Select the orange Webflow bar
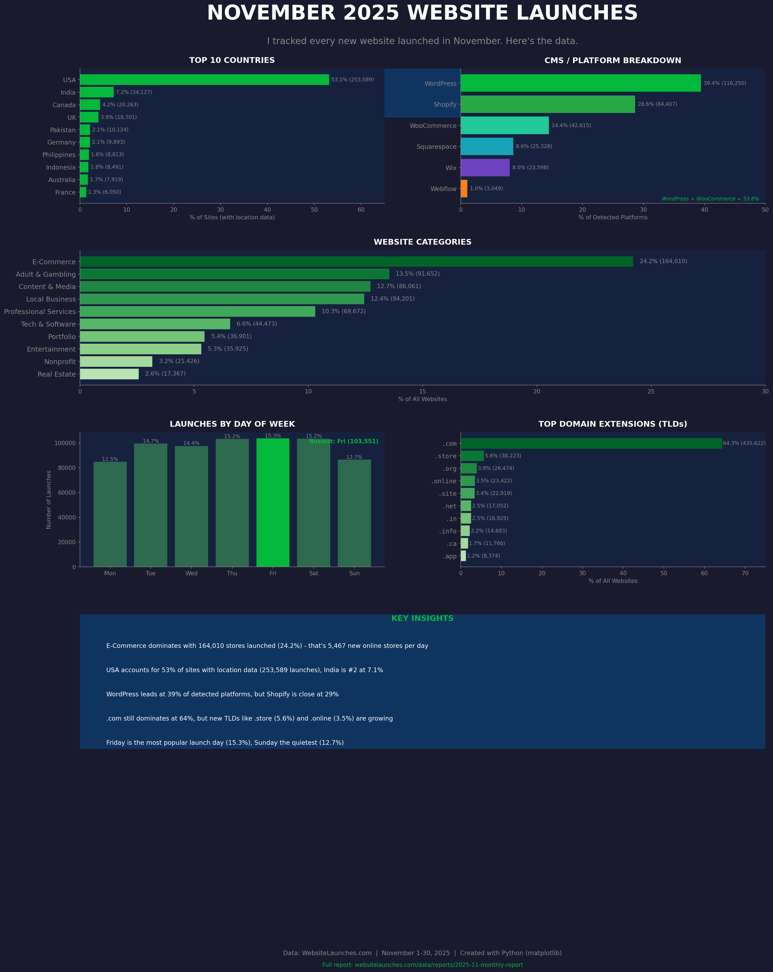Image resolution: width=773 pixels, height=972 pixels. [464, 189]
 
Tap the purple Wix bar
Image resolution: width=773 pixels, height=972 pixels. [485, 168]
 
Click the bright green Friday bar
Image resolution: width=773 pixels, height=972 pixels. [273, 503]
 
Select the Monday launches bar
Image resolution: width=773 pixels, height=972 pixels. [110, 514]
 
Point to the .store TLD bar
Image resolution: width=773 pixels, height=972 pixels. [472, 456]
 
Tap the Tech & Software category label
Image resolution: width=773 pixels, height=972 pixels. [48, 324]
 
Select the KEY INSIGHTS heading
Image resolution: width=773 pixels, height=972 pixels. [422, 619]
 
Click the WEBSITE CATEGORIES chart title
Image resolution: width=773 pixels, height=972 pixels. [422, 242]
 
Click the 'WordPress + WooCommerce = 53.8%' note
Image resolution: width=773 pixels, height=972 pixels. [710, 199]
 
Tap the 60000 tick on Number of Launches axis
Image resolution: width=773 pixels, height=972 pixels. [67, 493]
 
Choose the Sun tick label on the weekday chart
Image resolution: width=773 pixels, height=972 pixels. [354, 573]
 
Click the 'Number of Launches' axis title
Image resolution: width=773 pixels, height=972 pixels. [49, 500]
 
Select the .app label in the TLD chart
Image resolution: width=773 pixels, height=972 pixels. [449, 556]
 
